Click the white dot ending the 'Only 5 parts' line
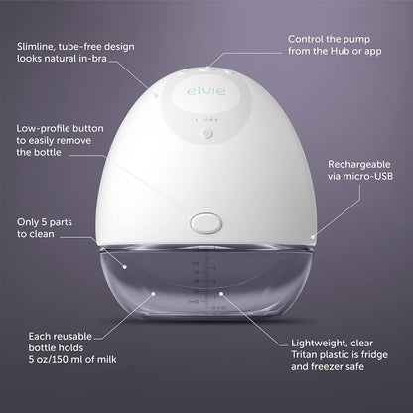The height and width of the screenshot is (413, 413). (x=125, y=266)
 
